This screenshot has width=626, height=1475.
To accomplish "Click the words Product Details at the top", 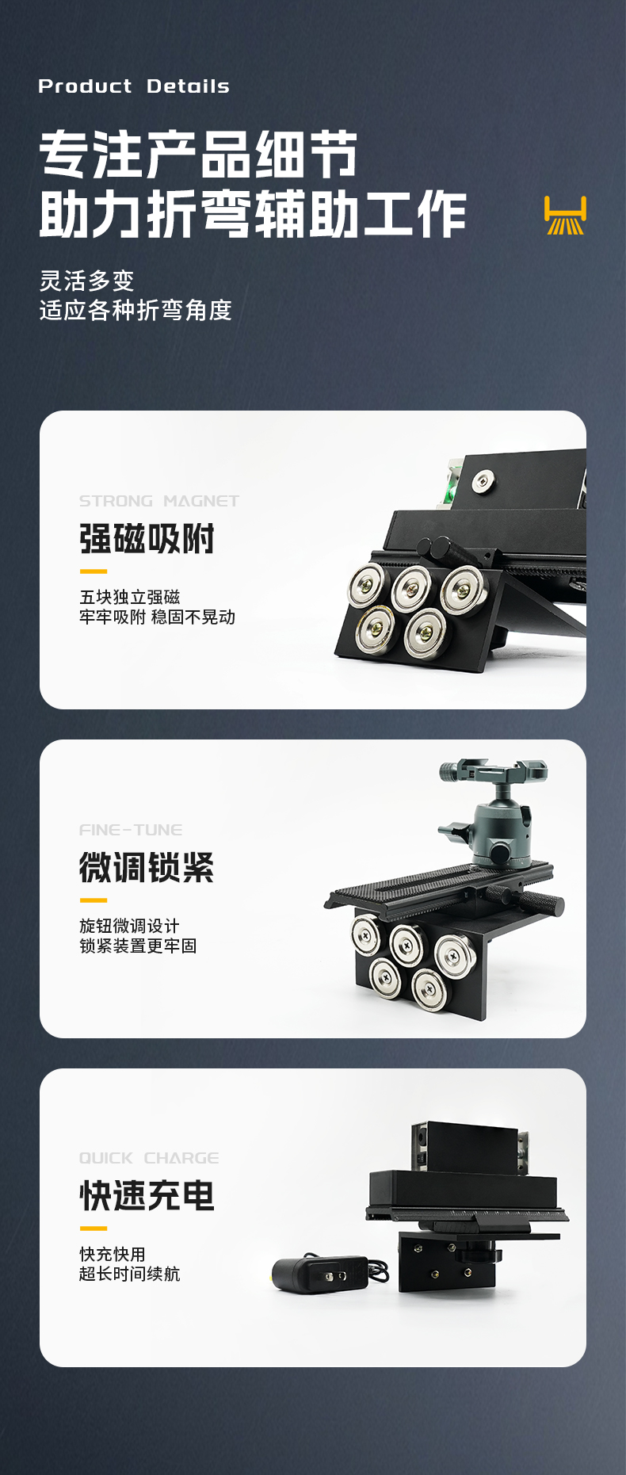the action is pos(134,86).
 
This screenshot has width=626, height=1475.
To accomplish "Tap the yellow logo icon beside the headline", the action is pos(565,215).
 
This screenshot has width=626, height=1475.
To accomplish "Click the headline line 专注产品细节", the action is pos(198,155).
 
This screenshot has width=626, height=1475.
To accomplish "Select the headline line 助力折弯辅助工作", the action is pos(253,214).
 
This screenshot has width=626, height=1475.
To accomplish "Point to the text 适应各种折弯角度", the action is pos(136,310).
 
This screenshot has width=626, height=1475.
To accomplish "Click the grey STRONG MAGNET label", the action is pos(159,501).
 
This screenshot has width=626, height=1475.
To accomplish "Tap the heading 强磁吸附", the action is pos(147,539).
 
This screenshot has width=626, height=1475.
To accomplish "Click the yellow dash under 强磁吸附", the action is pos(94,571).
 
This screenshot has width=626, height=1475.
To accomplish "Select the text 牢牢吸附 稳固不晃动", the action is pos(157,617).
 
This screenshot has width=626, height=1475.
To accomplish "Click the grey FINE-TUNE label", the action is pos(131,830).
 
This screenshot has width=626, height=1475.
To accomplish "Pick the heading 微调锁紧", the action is pos(147,868).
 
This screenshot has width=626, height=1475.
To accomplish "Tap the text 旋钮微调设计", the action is pos(129,926).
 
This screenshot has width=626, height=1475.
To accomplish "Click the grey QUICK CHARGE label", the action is pos(149,1158).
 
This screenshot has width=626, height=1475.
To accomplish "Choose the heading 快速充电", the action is pos(147,1196).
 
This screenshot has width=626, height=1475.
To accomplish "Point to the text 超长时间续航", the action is pos(129,1274).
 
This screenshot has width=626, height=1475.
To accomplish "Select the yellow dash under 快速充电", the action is pos(94,1229).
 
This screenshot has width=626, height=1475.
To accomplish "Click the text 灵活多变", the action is pos(87,281).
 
